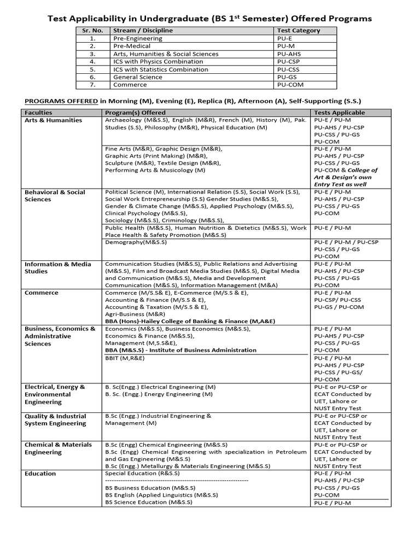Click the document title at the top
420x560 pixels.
[x=210, y=19]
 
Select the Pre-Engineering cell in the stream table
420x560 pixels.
[x=138, y=39]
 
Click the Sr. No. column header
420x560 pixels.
[x=92, y=31]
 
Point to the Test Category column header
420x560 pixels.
[x=299, y=31]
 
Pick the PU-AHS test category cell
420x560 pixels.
[x=289, y=54]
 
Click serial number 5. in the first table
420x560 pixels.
[x=92, y=69]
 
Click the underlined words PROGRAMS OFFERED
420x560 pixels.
[x=60, y=101]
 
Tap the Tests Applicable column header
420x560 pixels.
[x=339, y=113]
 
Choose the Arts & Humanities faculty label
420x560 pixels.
[x=53, y=120]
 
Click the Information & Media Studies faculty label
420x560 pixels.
[x=57, y=267]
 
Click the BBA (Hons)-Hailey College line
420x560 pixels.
[x=190, y=321]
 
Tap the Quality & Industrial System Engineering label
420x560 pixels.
[x=55, y=419]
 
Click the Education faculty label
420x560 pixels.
[x=40, y=474]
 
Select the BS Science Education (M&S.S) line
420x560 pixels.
[x=148, y=501]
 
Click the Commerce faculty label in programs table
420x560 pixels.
[x=41, y=293]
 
